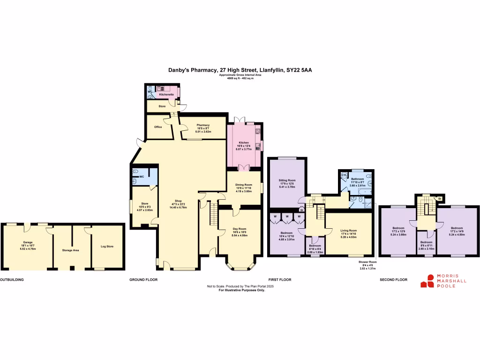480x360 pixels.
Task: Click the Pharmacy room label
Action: (202, 125)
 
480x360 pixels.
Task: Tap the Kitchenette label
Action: (166, 95)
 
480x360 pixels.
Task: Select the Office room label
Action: (158, 127)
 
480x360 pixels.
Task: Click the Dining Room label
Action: (244, 185)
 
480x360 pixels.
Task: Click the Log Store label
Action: (107, 246)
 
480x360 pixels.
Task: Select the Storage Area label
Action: (70, 250)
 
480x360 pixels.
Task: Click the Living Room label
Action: (349, 231)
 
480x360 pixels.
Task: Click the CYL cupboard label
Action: (344, 175)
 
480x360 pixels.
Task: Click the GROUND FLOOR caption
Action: (143, 279)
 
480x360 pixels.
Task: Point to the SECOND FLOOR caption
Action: (393, 279)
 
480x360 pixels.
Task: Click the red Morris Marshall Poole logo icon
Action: (427, 281)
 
